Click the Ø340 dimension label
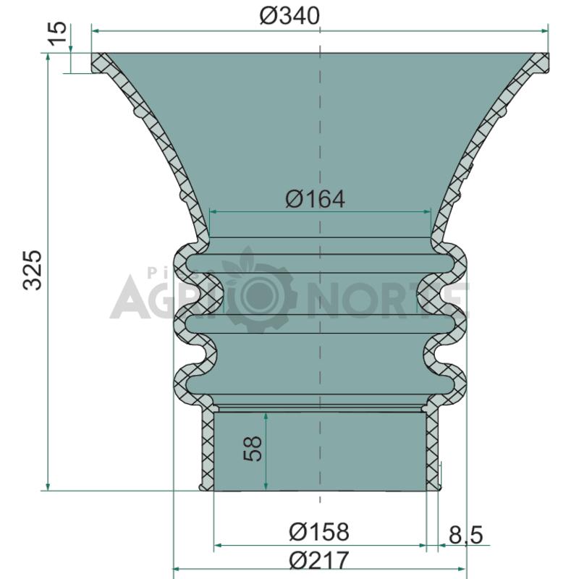(x=289, y=16)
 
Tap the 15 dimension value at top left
(x=59, y=34)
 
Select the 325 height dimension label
(x=33, y=270)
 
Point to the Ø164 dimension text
(x=315, y=200)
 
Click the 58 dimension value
(x=253, y=449)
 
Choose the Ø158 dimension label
(x=318, y=532)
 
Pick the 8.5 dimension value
(x=465, y=535)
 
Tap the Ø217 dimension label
(x=318, y=560)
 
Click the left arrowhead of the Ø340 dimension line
(x=96, y=31)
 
